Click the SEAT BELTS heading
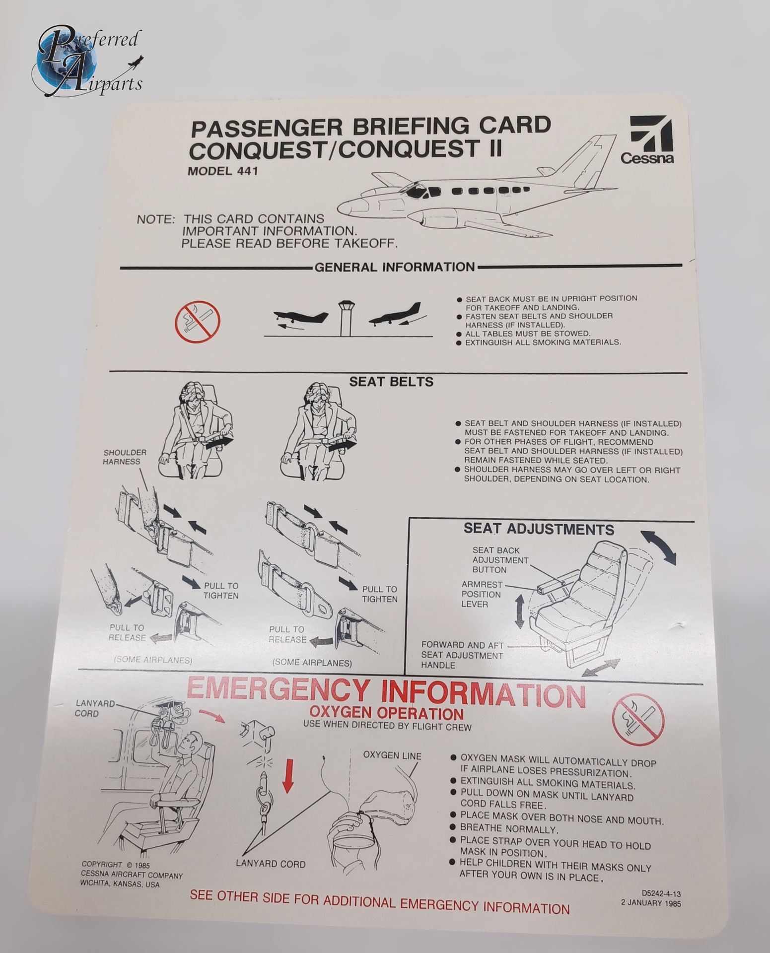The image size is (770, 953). pos(391,382)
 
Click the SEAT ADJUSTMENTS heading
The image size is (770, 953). pos(538,529)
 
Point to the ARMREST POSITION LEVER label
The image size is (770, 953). pos(482,594)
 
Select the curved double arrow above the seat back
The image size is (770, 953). pos(658,546)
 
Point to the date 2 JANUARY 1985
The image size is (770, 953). pos(651,903)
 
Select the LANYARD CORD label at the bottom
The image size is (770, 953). pos(271,864)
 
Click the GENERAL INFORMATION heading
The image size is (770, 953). pos(395,267)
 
